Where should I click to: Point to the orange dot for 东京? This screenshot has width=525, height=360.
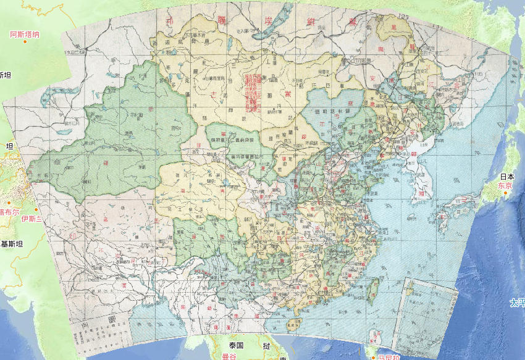[505, 193]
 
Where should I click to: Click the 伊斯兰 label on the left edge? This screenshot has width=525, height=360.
[30, 219]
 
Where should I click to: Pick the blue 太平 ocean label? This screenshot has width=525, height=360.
[517, 303]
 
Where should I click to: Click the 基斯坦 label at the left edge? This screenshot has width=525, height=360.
[12, 244]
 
